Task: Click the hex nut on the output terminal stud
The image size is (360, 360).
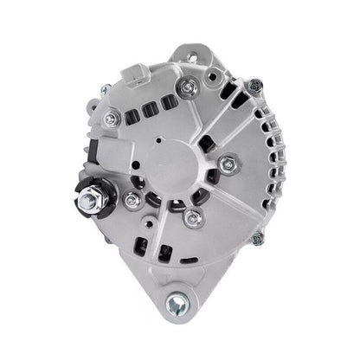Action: click(89, 202)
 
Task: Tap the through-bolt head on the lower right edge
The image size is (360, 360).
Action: click(256, 237)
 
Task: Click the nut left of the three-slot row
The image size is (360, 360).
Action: click(111, 119)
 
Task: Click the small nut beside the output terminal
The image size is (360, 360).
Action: click(132, 200)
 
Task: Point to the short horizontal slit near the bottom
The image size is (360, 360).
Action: click(188, 259)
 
